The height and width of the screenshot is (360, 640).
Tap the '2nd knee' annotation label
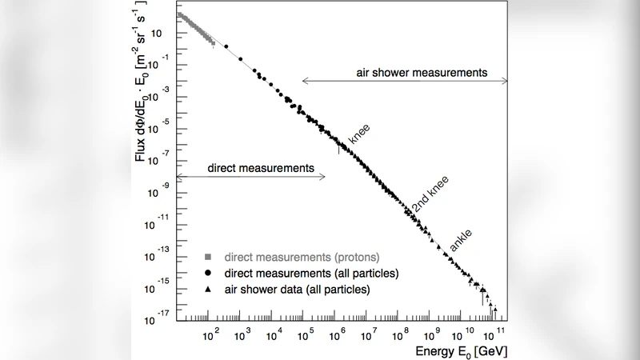click(430, 195)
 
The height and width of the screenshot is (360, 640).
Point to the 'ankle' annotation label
click(461, 240)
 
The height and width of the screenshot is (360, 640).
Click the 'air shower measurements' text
click(422, 72)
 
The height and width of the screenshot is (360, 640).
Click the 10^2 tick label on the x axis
click(211, 334)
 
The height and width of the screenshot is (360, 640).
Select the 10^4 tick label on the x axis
click(274, 334)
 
